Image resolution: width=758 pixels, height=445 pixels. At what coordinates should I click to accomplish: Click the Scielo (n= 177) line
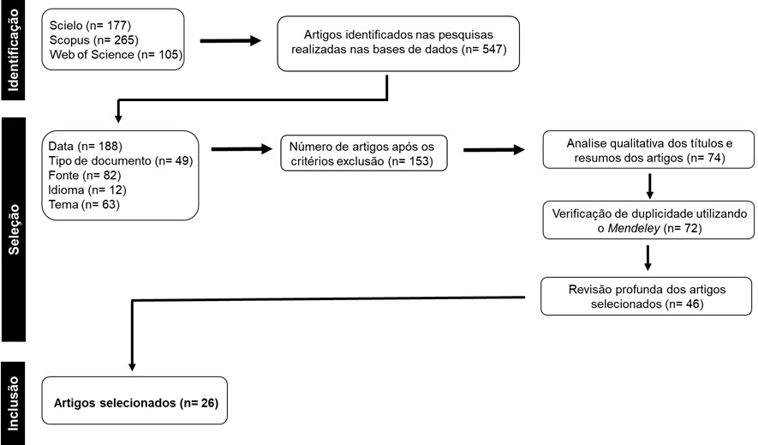90,25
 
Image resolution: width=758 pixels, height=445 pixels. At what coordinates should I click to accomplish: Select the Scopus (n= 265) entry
93,39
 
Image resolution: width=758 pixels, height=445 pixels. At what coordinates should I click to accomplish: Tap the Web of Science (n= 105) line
116,54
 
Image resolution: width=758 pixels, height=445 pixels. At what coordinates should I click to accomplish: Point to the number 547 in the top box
492,50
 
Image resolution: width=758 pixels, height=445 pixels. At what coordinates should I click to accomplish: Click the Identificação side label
13,50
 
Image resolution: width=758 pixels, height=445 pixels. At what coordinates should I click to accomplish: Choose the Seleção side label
14,229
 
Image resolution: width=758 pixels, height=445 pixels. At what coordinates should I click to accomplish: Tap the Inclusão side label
13,403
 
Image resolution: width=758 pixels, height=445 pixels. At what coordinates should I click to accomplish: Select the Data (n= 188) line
85,146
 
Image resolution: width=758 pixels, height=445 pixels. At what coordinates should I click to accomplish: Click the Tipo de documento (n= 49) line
121,160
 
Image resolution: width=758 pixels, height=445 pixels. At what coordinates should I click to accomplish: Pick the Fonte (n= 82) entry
84,175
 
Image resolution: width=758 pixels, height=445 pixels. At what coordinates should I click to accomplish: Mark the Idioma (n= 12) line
87,189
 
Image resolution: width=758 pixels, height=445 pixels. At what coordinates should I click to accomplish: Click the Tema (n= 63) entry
84,204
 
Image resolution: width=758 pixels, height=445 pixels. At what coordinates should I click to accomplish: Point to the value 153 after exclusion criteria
419,161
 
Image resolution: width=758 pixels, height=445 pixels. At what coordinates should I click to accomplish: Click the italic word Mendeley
633,228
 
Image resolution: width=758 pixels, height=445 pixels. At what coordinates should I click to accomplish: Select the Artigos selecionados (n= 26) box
134,400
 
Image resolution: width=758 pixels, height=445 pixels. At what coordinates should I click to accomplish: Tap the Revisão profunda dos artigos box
647,296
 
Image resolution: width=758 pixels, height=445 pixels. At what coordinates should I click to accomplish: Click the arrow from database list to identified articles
230,40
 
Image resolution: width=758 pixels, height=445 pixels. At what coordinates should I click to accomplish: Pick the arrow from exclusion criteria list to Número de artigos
242,149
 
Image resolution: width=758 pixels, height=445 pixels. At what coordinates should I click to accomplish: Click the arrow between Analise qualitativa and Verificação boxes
650,186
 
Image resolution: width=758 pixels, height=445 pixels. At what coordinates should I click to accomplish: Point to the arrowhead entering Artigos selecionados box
132,367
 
